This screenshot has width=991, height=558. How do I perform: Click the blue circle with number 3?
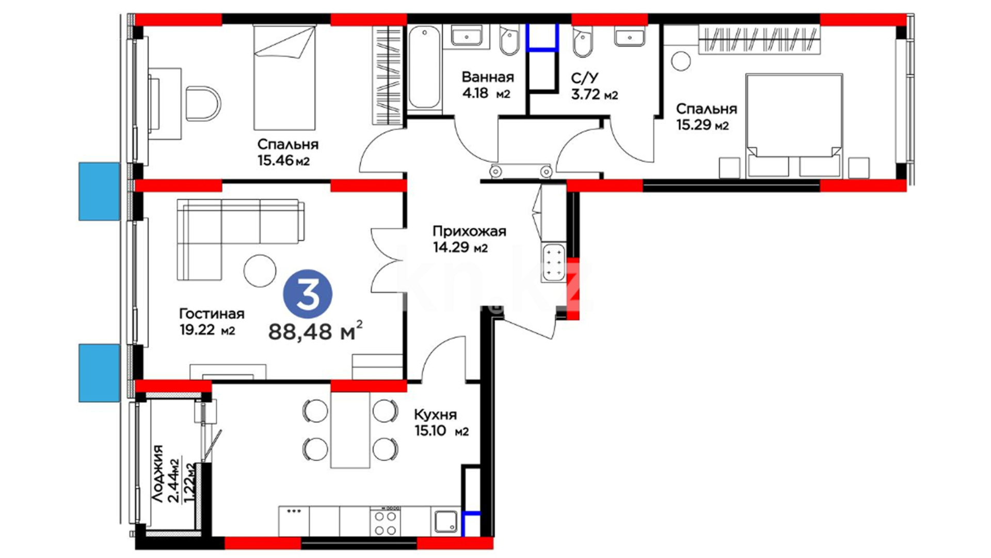[x=308, y=294]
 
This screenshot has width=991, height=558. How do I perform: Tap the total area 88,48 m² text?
[x=315, y=331]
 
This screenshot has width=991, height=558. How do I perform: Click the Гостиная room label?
[x=212, y=314]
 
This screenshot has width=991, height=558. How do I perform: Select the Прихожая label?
[x=469, y=231]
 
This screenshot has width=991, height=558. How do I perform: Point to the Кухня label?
[x=435, y=414]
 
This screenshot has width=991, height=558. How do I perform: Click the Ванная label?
[x=488, y=78]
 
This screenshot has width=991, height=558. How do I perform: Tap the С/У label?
[x=584, y=78]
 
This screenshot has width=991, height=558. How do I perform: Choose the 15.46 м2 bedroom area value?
[x=283, y=160]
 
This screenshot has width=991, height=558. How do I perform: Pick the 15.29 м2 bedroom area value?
[x=702, y=125]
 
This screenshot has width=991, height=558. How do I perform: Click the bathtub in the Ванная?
[x=424, y=68]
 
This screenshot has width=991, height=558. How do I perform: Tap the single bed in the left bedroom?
[x=284, y=78]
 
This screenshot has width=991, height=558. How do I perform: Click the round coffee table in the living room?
[x=260, y=271]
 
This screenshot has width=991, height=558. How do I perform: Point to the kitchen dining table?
[x=350, y=430]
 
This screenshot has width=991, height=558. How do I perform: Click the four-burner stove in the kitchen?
[x=385, y=522]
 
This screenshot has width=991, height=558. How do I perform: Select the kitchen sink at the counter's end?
[x=445, y=522]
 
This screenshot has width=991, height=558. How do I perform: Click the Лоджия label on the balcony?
[x=158, y=474]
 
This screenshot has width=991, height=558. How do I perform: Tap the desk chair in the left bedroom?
[x=203, y=104]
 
